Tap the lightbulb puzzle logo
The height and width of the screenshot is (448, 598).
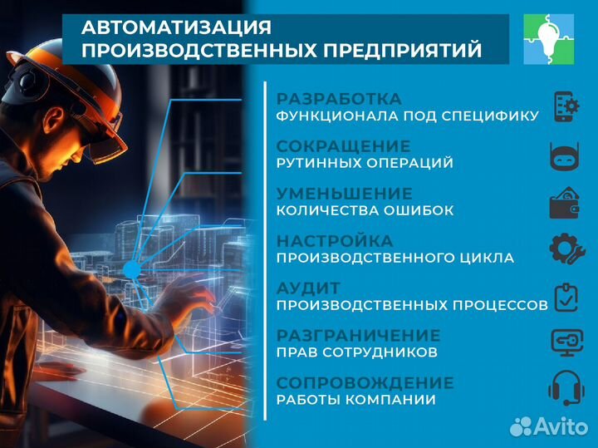pyautogui.click(x=548, y=39)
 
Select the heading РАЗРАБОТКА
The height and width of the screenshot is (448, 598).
pyautogui.click(x=339, y=98)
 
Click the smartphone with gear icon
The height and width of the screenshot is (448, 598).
pyautogui.click(x=566, y=107)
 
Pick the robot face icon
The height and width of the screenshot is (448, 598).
pyautogui.click(x=566, y=155)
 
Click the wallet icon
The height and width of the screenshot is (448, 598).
pyautogui.click(x=566, y=203)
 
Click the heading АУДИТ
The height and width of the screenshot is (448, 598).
pyautogui.click(x=308, y=288)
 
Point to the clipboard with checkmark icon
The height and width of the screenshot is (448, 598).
pyautogui.click(x=566, y=298)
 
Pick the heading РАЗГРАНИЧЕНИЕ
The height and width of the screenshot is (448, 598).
pyautogui.click(x=358, y=335)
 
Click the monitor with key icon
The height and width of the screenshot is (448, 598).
pyautogui.click(x=566, y=344)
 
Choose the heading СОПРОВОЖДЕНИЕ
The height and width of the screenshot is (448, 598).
pyautogui.click(x=365, y=382)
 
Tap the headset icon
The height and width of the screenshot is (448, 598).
pyautogui.click(x=566, y=390)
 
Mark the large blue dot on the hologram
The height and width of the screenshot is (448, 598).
pyautogui.click(x=131, y=268)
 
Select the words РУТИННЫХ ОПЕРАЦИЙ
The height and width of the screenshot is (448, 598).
pyautogui.click(x=365, y=163)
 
